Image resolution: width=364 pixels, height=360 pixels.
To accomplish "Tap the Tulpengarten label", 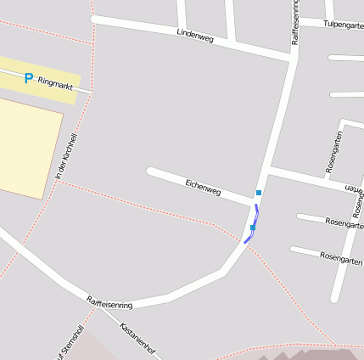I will tap(343, 25).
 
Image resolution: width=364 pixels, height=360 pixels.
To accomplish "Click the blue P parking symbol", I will tap(28, 78).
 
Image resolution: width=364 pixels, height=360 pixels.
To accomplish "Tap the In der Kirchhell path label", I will tap(66, 155).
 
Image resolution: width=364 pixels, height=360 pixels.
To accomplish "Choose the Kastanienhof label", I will tap(138, 339).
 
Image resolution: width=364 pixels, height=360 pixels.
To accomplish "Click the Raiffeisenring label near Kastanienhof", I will tap(109, 302).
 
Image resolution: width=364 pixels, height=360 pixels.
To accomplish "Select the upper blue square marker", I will tap(259, 193).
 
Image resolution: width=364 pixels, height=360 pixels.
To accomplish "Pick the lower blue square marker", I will tap(253, 228).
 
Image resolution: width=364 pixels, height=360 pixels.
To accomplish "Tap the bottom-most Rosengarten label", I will tap(341, 257).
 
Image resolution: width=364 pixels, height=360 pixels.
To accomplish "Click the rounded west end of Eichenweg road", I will tap(151, 172).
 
